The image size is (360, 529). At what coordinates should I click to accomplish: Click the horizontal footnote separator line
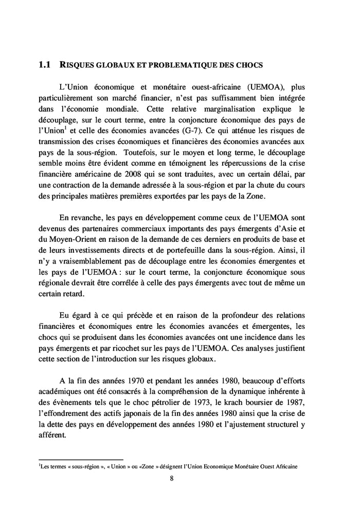[x=81, y=459]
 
